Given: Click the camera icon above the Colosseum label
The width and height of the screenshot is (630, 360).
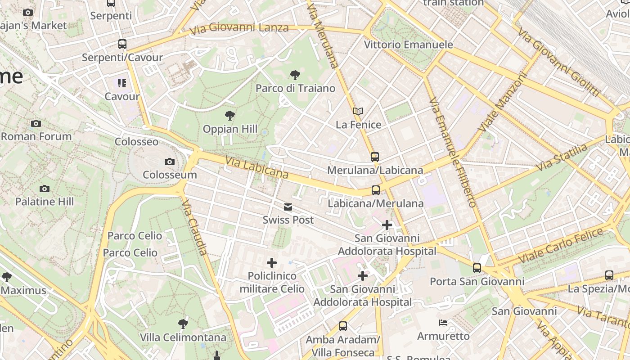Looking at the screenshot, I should coord(170,162).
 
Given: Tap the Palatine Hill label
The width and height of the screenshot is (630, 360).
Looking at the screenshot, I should coord(45,201).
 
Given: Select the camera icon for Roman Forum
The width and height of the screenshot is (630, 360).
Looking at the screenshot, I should coord(36,124).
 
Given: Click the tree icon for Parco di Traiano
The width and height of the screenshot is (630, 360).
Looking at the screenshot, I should coord(295,75).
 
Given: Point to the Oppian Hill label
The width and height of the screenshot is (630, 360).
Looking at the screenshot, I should coord(230,129).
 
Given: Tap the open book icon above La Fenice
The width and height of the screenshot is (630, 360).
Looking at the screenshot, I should coord(358,111).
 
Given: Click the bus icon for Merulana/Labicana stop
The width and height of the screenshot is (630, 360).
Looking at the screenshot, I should coord(375,157).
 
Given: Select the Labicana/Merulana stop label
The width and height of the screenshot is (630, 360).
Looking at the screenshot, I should coord(375,203).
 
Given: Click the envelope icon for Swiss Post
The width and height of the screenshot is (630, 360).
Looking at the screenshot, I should coord(288,207).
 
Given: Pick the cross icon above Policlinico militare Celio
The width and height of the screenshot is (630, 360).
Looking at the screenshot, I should coord(272,263).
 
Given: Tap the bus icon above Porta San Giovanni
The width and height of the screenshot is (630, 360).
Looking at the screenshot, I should coord(477,268).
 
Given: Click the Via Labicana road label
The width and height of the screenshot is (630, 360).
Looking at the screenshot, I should coord(256,167).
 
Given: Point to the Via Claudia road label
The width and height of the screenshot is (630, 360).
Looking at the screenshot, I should coord(195,228).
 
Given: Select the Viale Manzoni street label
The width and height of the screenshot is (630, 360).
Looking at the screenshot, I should coord(502,103).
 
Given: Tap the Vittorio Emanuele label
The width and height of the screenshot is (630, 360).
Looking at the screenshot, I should coord(408,45).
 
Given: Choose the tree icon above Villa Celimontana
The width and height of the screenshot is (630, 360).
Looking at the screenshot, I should coord(183,324).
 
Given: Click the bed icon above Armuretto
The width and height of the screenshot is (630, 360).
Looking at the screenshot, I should coord(443,323).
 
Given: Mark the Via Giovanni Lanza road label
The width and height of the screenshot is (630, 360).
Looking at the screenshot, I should coord(239,29).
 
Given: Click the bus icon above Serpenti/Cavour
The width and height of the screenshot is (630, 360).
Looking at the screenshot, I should coord(122,44).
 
